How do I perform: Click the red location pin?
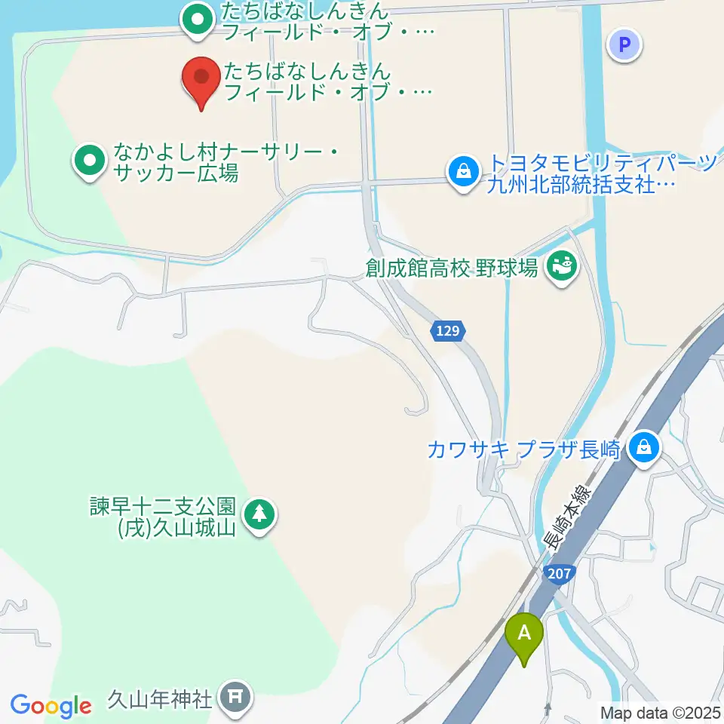click(201, 78)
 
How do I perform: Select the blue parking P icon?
click(624, 44)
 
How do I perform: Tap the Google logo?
click(51, 706)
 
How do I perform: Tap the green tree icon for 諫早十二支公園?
click(259, 515)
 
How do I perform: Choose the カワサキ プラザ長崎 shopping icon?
click(645, 449)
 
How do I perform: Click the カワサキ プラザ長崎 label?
click(523, 450)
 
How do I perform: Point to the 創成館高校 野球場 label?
click(451, 268)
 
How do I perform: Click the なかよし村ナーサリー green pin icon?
click(89, 161)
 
